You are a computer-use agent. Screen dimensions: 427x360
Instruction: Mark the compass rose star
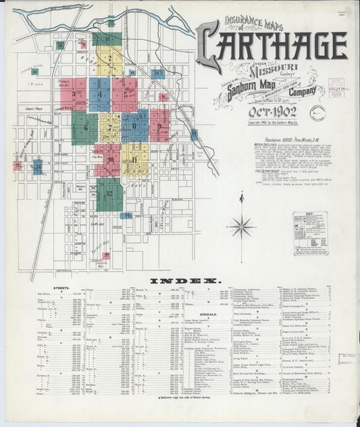pyautogui.click(x=241, y=226)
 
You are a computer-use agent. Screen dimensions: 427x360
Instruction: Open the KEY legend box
pyautogui.click(x=310, y=233)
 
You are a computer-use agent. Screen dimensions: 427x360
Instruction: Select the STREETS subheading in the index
pyautogui.click(x=61, y=288)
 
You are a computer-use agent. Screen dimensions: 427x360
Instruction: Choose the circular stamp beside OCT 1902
pyautogui.click(x=317, y=113)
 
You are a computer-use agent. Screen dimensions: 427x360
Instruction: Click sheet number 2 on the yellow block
pyautogui.click(x=109, y=58)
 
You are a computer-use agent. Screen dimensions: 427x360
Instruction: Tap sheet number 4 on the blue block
pyautogui.click(x=99, y=94)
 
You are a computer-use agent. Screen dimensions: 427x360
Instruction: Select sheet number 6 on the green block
pyautogui.click(x=85, y=127)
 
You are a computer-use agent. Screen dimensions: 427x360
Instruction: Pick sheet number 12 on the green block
pyautogui.click(x=109, y=194)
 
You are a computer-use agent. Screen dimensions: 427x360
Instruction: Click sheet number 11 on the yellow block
pyautogui.click(x=135, y=159)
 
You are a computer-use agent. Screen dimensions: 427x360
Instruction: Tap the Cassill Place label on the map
pyautogui.click(x=34, y=107)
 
